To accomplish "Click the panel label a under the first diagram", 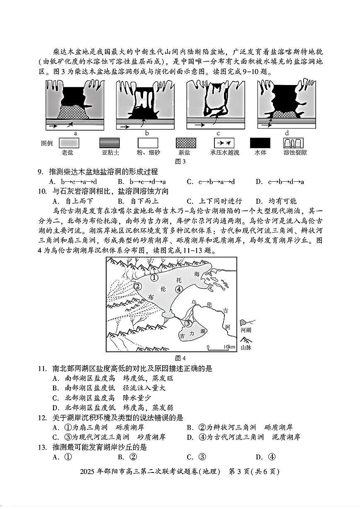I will coord(75,134).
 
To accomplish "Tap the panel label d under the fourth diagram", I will coord(287,134).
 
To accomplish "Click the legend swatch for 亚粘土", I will coord(109,144).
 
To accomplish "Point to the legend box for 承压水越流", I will coord(224,144).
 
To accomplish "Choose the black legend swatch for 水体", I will coord(260,144).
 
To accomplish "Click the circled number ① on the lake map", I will coord(154,278).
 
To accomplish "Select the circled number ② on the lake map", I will coord(138,286).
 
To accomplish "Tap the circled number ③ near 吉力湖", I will coord(188,323).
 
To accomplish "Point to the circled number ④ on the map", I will coord(179,289).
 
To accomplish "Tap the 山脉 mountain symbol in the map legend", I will coord(246,341).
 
